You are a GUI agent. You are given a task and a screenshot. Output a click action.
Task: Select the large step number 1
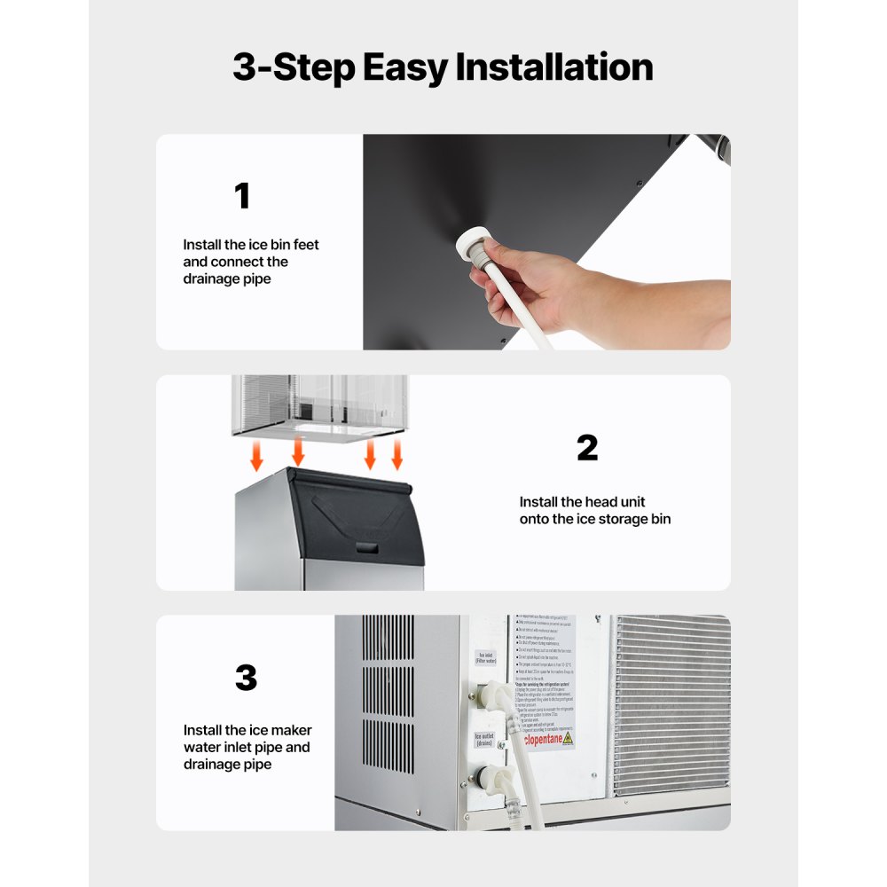tap(241, 196)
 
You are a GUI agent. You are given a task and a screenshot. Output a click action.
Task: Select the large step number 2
tap(587, 448)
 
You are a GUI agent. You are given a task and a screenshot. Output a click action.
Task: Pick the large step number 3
tap(246, 679)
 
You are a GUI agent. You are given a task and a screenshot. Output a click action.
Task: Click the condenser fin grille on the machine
tap(671, 704)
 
